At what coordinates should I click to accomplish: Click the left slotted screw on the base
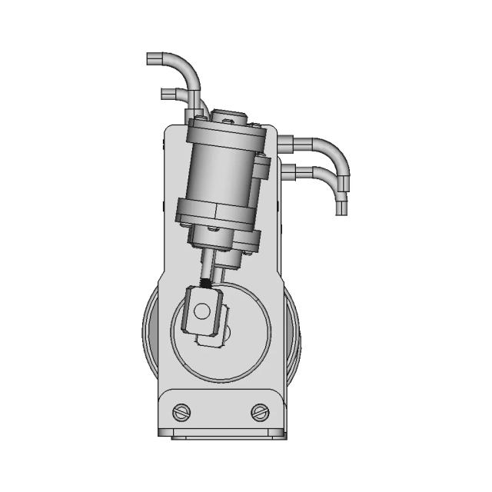tap(182, 411)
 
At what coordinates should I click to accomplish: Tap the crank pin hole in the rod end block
tap(201, 311)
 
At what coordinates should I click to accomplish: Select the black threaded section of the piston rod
tap(207, 281)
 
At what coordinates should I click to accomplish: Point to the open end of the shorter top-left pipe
tap(164, 94)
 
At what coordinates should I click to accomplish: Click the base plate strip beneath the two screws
tap(228, 433)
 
